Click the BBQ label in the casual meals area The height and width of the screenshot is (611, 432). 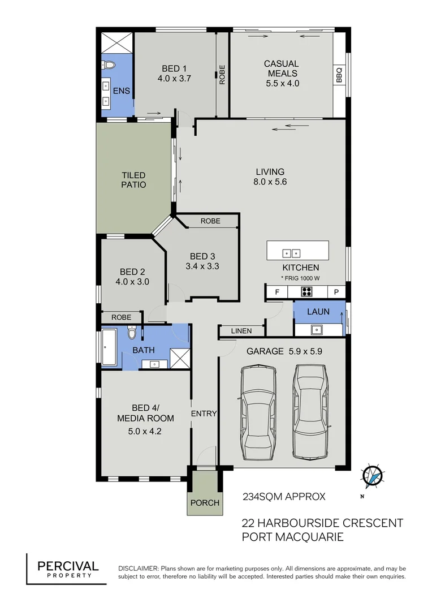pos(339,75)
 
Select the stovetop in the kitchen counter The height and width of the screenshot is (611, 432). pos(307,292)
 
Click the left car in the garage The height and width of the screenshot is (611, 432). pos(258,412)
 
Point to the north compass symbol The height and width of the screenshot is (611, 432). pos(373,477)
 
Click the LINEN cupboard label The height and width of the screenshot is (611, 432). pos(241,331)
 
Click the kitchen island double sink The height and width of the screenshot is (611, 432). pos(291,253)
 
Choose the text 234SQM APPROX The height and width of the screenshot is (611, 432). pos(284,497)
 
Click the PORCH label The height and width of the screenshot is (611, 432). pos(204,503)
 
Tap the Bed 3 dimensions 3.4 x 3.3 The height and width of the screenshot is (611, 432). pos(202,265)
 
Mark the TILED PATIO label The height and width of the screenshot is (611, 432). pos(133,180)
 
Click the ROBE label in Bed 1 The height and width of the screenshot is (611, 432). pos(222,75)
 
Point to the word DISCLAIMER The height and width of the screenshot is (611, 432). pos(138,568)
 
